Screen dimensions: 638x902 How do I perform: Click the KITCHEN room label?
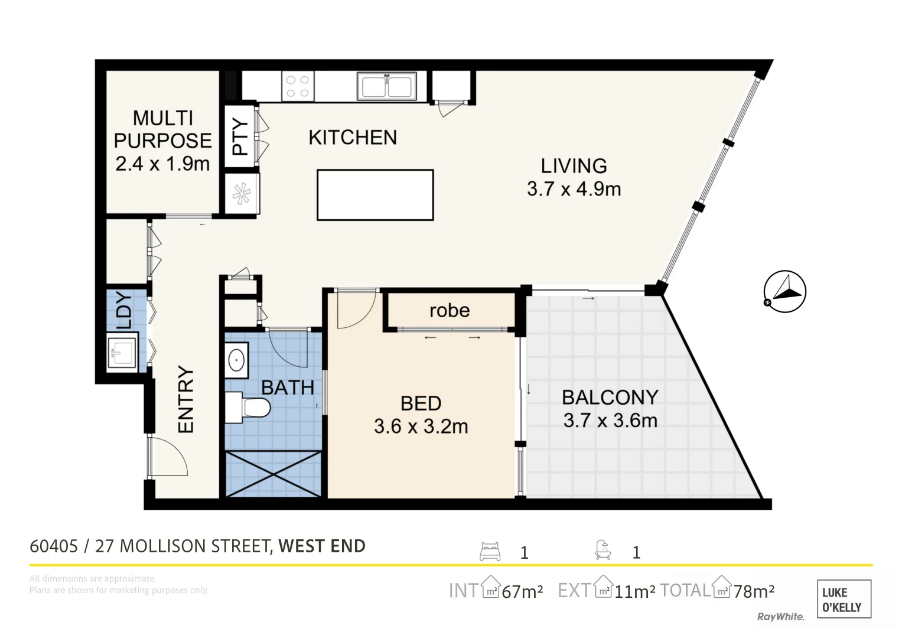tap(353, 138)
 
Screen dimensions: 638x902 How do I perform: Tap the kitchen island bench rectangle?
tap(375, 195)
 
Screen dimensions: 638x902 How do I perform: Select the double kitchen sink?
tap(387, 86)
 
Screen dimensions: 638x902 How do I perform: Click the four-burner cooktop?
tap(297, 87)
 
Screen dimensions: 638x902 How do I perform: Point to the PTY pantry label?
tap(240, 137)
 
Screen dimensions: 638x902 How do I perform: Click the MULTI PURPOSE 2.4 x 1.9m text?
tap(163, 141)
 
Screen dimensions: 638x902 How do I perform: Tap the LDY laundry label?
tap(125, 310)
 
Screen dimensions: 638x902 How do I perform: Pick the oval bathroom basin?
tap(237, 360)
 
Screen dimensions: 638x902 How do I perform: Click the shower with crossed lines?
tap(273, 474)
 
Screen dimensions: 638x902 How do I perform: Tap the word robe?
tap(450, 310)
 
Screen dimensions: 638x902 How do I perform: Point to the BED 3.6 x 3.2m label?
tap(421, 415)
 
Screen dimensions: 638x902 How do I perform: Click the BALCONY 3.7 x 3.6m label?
tap(610, 408)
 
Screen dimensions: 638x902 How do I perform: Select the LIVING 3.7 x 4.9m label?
tap(574, 177)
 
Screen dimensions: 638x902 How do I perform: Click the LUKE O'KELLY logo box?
tap(844, 599)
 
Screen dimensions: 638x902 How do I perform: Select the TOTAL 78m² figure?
tap(718, 590)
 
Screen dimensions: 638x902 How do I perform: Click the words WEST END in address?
tap(322, 546)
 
